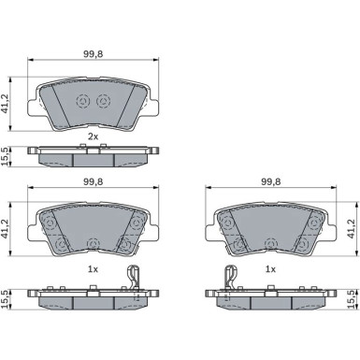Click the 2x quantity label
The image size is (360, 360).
tap(93, 137)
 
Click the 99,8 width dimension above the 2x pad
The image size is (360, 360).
tap(93, 54)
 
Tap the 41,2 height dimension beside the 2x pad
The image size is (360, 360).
tap(6, 104)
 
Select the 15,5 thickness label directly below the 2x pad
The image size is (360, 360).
tap(6, 157)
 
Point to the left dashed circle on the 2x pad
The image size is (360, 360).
tap(83, 101)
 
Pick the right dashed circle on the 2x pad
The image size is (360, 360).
tap(103, 101)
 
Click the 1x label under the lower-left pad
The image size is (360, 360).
tap(93, 269)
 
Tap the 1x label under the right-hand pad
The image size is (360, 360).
tap(270, 269)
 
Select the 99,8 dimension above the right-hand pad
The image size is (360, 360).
tap(270, 182)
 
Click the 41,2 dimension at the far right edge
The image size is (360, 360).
tap(352, 229)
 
